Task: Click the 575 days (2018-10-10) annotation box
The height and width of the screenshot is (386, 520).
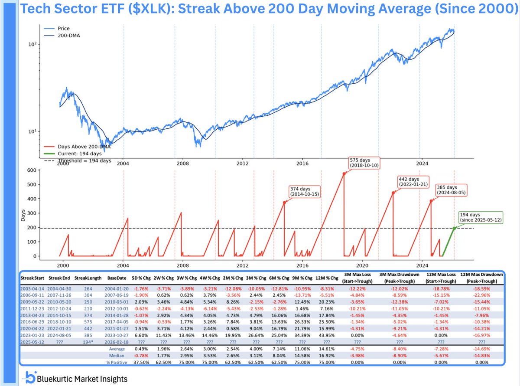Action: pyautogui.click(x=364, y=163)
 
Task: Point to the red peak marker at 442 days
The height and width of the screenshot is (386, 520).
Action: pyautogui.click(x=393, y=192)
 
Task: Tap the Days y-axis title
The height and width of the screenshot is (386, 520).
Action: pyautogui.click(x=23, y=214)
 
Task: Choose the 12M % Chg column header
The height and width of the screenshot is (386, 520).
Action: pyautogui.click(x=325, y=276)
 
